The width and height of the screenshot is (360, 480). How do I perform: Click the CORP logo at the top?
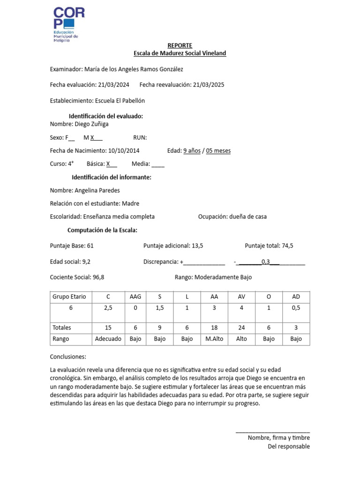pos(68,25)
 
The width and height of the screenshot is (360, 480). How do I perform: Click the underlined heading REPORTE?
pos(180,45)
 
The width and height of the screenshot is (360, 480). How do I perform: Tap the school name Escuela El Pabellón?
pos(120,101)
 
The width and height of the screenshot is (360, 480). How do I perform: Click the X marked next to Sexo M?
pos(93,138)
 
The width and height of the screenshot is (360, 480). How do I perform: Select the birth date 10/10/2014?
pos(123,151)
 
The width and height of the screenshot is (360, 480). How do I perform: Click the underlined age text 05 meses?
pos(218,151)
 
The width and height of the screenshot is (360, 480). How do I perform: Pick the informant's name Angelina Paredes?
pos(97,191)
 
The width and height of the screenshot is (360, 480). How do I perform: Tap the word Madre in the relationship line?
pos(130,204)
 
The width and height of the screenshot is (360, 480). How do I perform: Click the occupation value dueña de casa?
pos(247,217)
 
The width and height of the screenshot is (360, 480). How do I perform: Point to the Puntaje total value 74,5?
pos(287,246)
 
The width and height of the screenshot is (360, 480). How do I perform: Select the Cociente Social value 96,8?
pos(98,277)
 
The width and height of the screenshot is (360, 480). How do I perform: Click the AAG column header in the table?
pos(135,297)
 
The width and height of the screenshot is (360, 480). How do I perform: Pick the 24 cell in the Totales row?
pos(241,328)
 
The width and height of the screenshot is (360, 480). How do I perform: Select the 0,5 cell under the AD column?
pos(296,308)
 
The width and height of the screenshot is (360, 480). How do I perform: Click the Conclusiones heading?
pos(68,357)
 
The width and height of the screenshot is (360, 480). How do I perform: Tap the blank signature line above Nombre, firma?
pos(272,431)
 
